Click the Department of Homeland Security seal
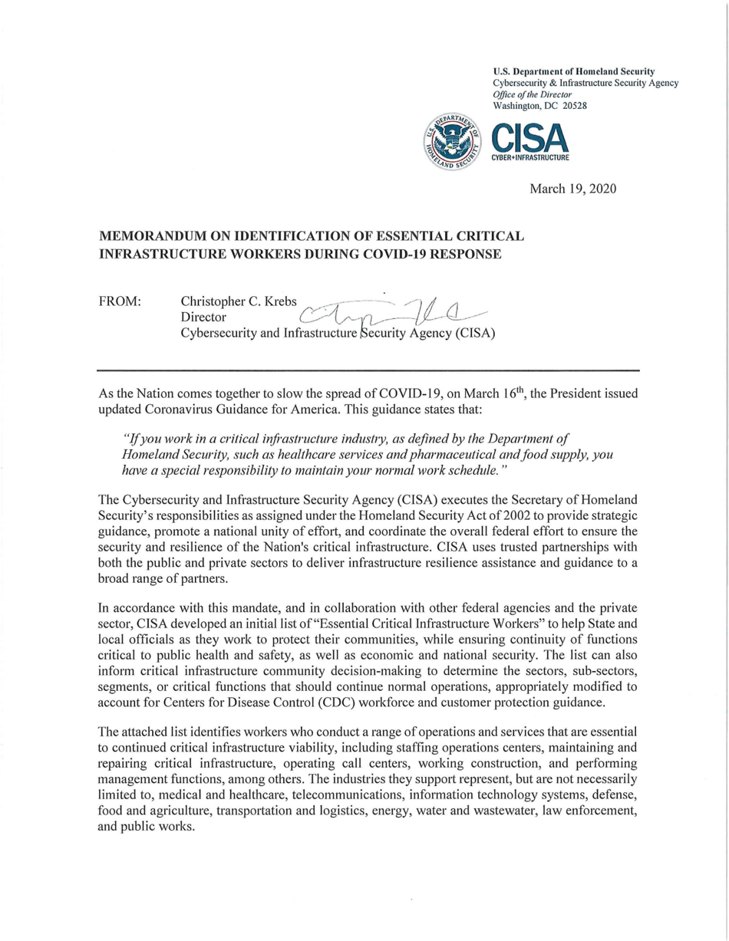(451, 143)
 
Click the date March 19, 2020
(574, 188)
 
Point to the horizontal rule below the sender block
(368, 370)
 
